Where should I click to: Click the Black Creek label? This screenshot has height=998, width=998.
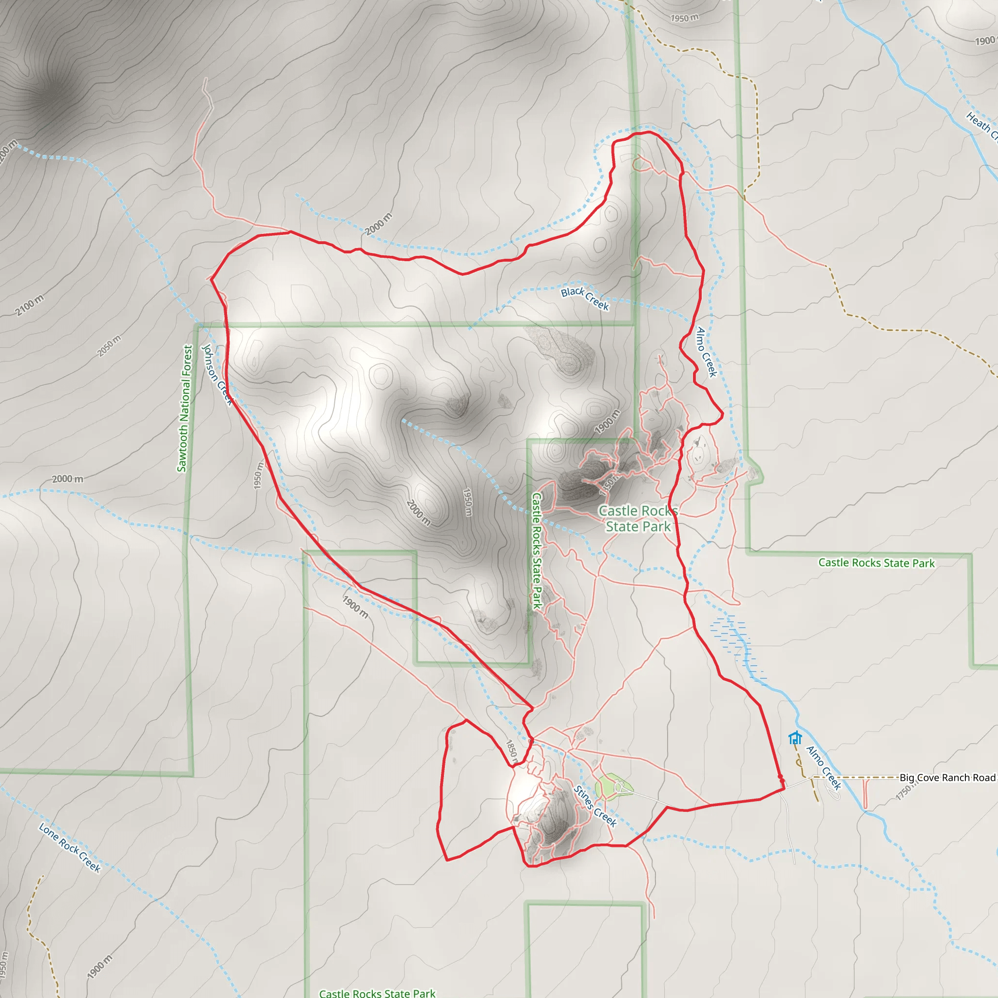click(x=585, y=299)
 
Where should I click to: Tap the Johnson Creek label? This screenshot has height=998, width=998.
click(x=217, y=375)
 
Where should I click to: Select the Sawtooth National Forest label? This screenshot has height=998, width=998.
click(x=184, y=408)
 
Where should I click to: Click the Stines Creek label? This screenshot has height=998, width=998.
click(x=595, y=806)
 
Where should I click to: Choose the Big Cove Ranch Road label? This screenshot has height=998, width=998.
click(x=947, y=778)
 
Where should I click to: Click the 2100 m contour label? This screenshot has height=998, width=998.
click(x=29, y=305)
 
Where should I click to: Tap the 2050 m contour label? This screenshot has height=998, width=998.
click(x=110, y=345)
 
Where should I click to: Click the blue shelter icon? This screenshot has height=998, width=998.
click(x=795, y=738)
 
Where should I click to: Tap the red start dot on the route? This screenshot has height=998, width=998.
click(x=781, y=777)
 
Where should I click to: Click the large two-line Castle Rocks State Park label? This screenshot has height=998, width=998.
click(x=638, y=518)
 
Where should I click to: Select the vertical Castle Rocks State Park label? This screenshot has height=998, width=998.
click(x=537, y=551)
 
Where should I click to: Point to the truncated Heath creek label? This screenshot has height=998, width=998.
click(x=981, y=126)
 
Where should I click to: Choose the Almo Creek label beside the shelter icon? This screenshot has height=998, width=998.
click(x=824, y=767)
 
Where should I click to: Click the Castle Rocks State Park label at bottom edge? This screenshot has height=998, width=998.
click(x=377, y=992)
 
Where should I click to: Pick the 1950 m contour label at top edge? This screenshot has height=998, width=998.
click(x=685, y=18)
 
